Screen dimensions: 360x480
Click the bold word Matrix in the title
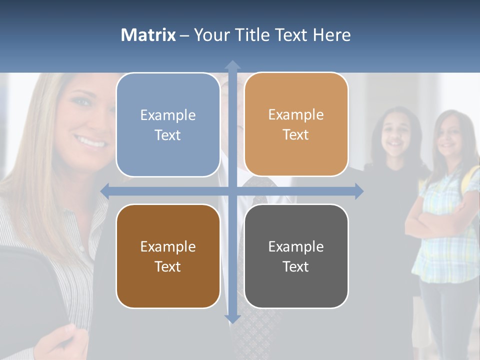point(148,35)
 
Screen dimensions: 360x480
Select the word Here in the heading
point(331,35)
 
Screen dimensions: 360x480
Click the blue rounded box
point(168,125)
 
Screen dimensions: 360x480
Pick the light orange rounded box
point(296,124)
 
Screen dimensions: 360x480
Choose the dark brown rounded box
point(168,256)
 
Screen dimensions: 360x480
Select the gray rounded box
point(296,256)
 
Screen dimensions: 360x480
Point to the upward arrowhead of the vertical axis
point(232,65)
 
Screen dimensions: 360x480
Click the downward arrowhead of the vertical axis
point(232,318)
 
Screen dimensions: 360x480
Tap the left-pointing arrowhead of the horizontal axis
point(105,191)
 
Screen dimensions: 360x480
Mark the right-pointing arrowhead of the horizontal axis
point(359,191)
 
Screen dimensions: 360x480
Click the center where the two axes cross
point(232,191)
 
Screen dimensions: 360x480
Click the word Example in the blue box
point(168,115)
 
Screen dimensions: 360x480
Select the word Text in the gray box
point(296,266)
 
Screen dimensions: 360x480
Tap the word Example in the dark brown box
point(168,246)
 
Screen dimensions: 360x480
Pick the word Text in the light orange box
point(296,135)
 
